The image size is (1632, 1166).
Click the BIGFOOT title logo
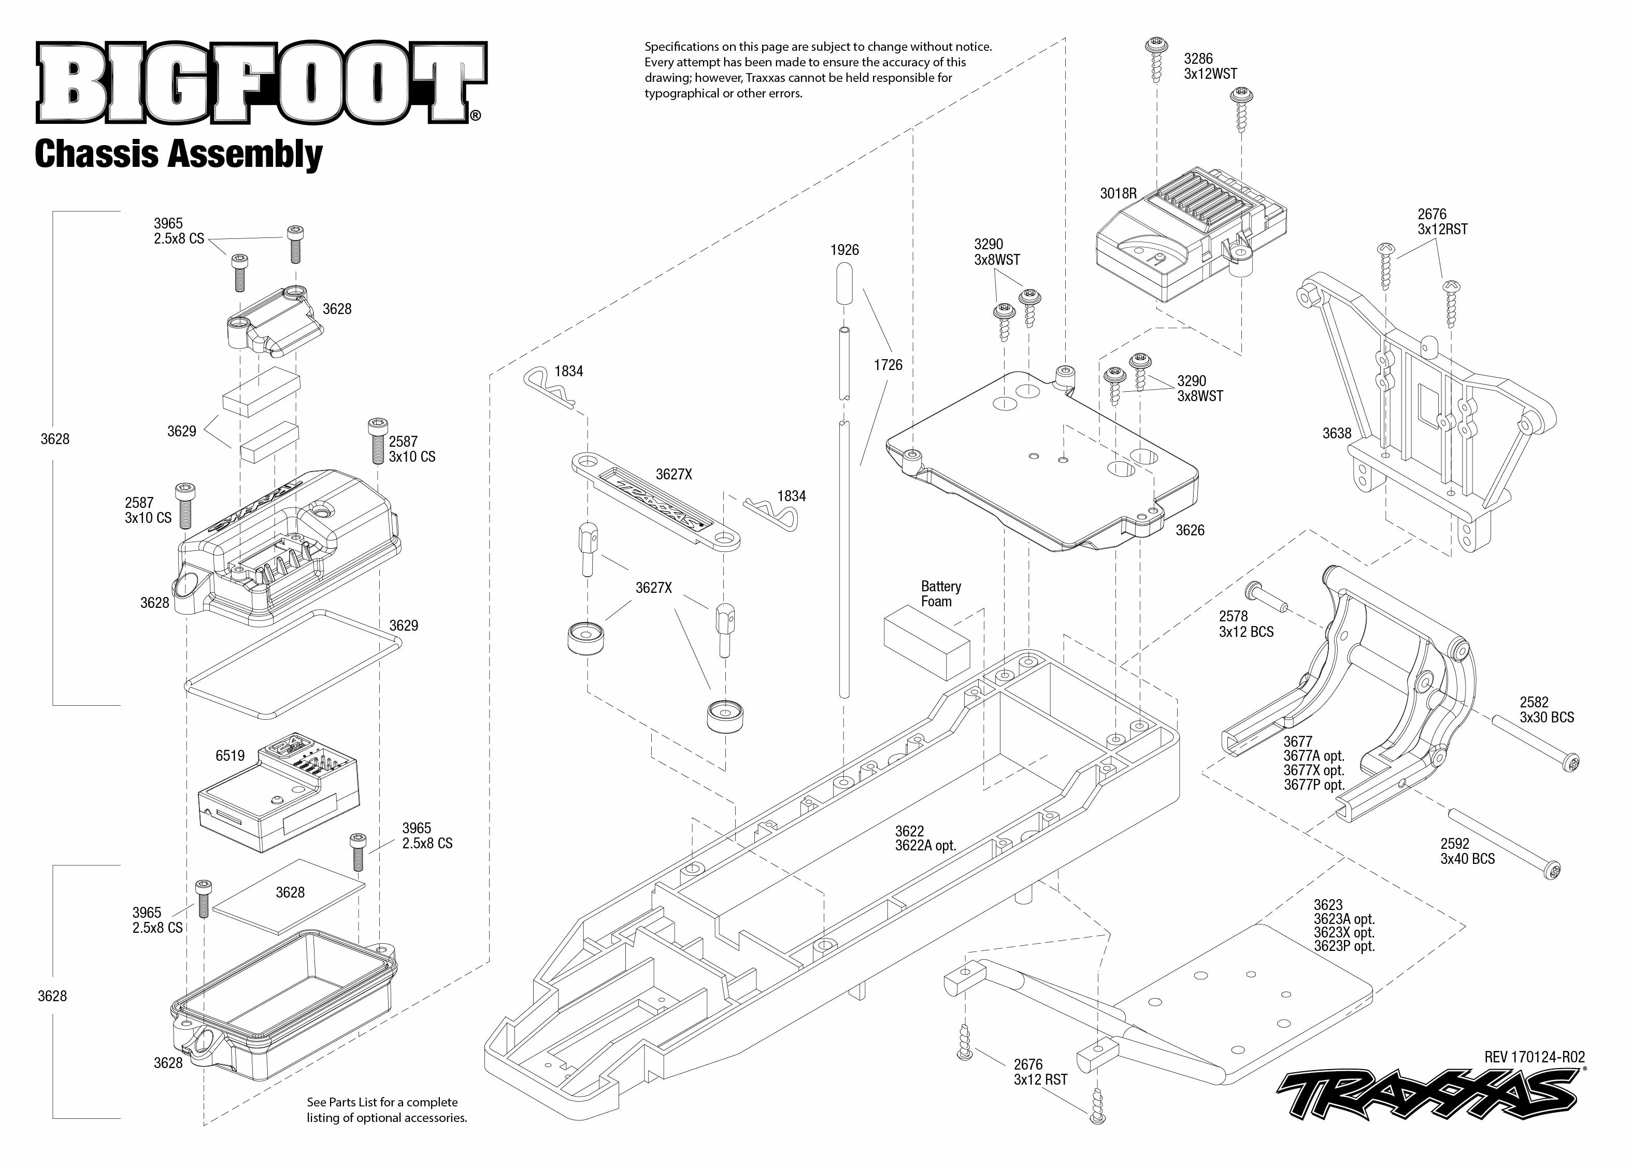pyautogui.click(x=261, y=83)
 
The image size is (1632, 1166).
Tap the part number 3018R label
pyautogui.click(x=1118, y=193)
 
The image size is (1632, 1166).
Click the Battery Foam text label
pyautogui.click(x=940, y=594)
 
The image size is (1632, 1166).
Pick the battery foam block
pyautogui.click(x=926, y=641)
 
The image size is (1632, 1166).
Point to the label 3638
pyautogui.click(x=1336, y=433)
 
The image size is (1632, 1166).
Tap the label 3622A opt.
pyautogui.click(x=925, y=846)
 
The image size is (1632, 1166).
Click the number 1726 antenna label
pyautogui.click(x=888, y=365)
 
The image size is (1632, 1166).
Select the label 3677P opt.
pyautogui.click(x=1313, y=785)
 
